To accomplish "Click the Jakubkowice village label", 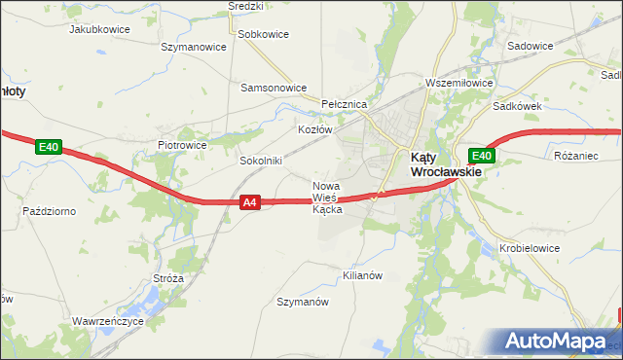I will pyautogui.click(x=100, y=29).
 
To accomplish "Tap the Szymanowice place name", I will pyautogui.click(x=193, y=46).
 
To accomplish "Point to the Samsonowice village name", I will pyautogui.click(x=275, y=87).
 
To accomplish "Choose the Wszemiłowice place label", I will pyautogui.click(x=456, y=84).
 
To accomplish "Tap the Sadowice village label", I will pyautogui.click(x=531, y=46).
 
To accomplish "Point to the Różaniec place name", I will pyautogui.click(x=574, y=155).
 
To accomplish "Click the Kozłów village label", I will pyautogui.click(x=315, y=128).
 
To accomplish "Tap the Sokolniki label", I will pyautogui.click(x=260, y=161).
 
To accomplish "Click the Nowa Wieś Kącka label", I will pyautogui.click(x=327, y=198).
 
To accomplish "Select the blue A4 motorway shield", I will pyautogui.click(x=250, y=202).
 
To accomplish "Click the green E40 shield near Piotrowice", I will pyautogui.click(x=49, y=147).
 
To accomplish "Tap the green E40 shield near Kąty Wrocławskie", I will pyautogui.click(x=481, y=156).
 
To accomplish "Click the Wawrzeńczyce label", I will pyautogui.click(x=108, y=320).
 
